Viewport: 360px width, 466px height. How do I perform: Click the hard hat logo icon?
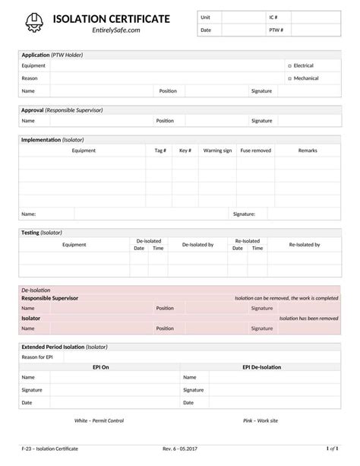pyautogui.click(x=34, y=23)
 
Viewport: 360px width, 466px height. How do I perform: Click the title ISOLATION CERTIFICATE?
pyautogui.click(x=112, y=18)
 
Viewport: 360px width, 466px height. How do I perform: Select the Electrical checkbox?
pyautogui.click(x=290, y=66)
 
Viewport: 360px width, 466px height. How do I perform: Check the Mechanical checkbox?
pyautogui.click(x=290, y=78)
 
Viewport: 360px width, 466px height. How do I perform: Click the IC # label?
pyautogui.click(x=273, y=17)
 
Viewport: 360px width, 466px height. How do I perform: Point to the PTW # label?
pyautogui.click(x=276, y=30)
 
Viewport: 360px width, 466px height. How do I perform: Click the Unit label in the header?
pyautogui.click(x=205, y=17)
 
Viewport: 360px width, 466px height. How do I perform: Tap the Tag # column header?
pyautogui.click(x=160, y=151)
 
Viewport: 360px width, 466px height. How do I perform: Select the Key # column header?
pyautogui.click(x=185, y=151)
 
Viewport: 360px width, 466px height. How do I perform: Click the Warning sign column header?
pyautogui.click(x=217, y=151)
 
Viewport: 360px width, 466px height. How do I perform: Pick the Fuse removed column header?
pyautogui.click(x=255, y=151)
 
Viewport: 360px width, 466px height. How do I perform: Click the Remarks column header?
pyautogui.click(x=308, y=151)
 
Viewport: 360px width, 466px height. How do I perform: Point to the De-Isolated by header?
pyautogui.click(x=197, y=245)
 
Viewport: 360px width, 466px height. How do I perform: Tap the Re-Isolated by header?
pyautogui.click(x=305, y=245)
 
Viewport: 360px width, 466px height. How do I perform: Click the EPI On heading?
pyautogui.click(x=100, y=367)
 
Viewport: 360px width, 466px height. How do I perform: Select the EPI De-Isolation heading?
pyautogui.click(x=261, y=367)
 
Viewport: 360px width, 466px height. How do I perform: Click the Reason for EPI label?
pyautogui.click(x=37, y=357)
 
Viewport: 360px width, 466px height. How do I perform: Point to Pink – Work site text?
pyautogui.click(x=261, y=420)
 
